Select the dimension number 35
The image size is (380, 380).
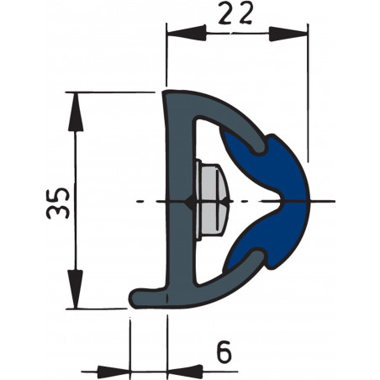56,201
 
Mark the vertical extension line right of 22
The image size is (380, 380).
308,101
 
